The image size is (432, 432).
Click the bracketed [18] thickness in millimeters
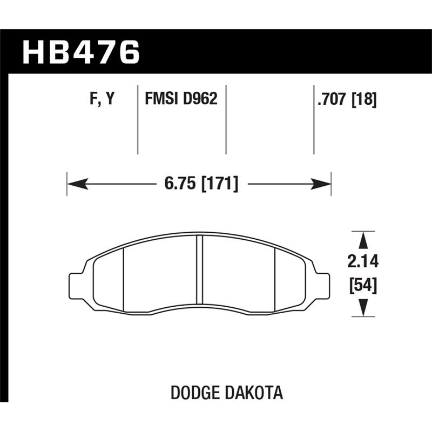click(x=364, y=99)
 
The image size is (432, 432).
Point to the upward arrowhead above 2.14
click(x=363, y=240)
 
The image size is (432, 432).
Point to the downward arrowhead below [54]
click(x=363, y=308)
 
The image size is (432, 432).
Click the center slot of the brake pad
click(x=199, y=270)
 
